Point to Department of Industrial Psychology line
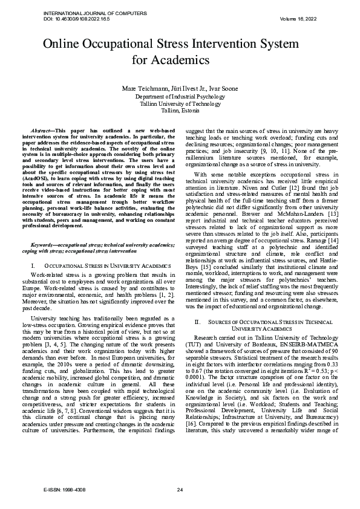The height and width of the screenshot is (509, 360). click(180, 97)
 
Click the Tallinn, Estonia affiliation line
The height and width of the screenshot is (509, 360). click(180, 111)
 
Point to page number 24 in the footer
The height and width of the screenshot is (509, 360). click(180, 489)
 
